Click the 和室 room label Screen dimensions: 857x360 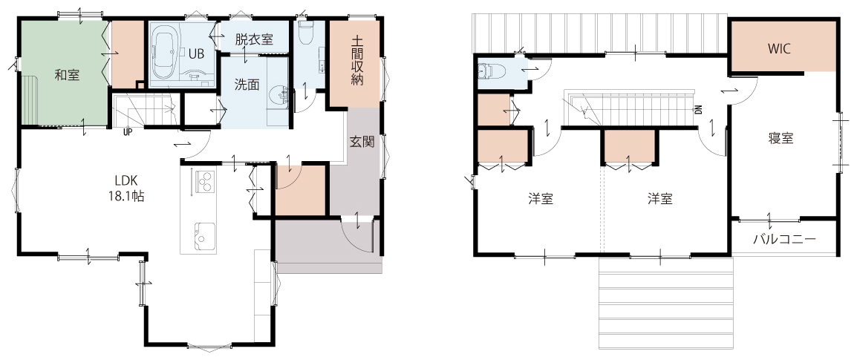point(68,76)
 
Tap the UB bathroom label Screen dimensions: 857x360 point(197,54)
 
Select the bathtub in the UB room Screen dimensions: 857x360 point(165,55)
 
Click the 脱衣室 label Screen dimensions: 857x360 point(254,39)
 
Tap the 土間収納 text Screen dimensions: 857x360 point(357,60)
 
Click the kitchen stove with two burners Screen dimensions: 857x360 point(203,181)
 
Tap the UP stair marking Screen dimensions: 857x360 point(127,131)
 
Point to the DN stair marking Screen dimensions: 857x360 point(699,109)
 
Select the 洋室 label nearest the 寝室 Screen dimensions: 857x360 point(659,199)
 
